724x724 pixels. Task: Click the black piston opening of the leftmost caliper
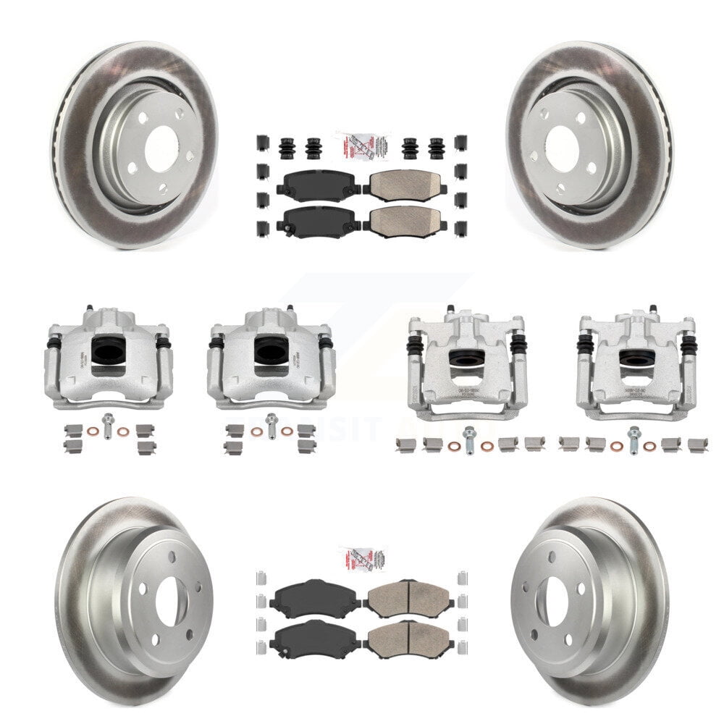109,351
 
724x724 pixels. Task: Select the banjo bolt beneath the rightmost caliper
634,437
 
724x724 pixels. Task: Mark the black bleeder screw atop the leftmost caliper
88,308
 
